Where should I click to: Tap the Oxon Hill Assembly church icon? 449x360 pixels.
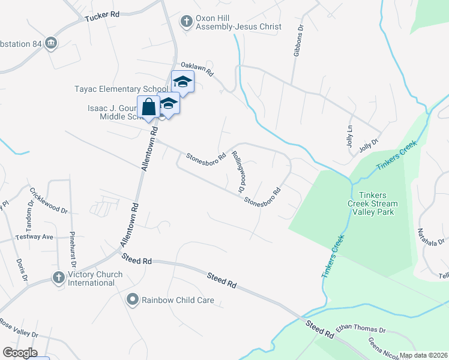click(187, 22)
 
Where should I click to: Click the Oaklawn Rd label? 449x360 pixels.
click(197, 68)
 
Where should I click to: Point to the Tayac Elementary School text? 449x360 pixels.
click(121, 89)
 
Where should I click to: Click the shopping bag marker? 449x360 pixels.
click(149, 107)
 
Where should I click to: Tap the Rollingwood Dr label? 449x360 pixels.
click(238, 171)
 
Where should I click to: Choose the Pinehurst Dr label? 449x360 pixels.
click(72, 249)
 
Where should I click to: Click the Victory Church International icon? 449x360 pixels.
click(58, 277)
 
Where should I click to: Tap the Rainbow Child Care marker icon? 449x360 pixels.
click(133, 299)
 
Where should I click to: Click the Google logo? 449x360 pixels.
click(19, 353)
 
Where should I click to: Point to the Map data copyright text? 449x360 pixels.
click(424, 355)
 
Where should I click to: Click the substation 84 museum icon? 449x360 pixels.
click(51, 43)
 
